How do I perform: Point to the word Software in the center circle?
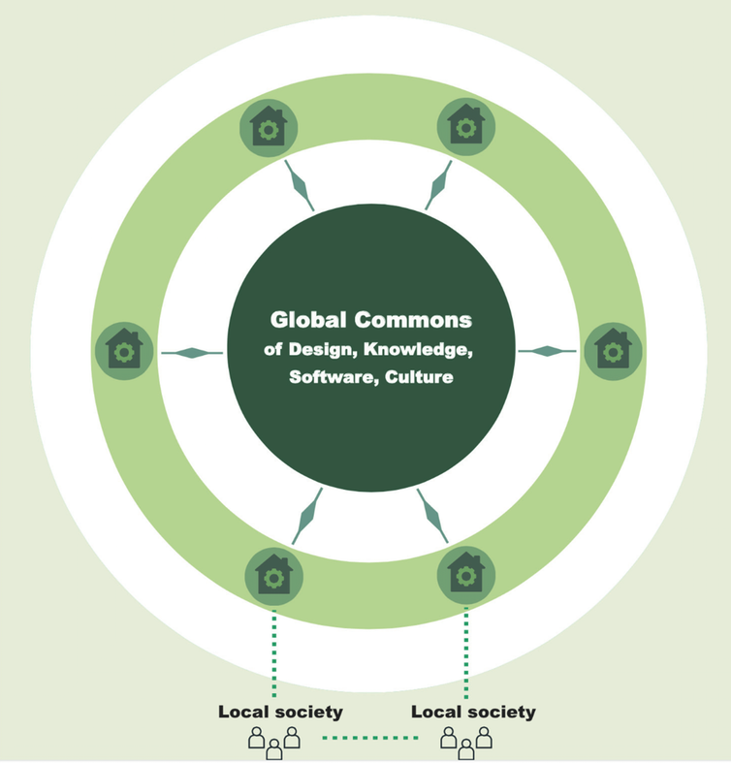point(324,377)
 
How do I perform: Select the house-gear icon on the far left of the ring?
point(123,350)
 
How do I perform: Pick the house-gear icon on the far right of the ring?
point(612,350)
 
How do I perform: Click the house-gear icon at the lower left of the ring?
point(273,575)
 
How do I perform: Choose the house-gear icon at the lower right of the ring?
point(466,575)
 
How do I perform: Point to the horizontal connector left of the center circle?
point(191,352)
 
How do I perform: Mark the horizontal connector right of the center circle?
point(547,350)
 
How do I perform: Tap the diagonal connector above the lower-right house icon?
point(432,514)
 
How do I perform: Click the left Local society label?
point(280,713)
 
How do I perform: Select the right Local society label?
point(473,713)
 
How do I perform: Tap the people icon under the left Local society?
point(273,741)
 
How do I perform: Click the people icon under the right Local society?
point(466,741)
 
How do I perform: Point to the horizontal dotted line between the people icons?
point(370,739)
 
